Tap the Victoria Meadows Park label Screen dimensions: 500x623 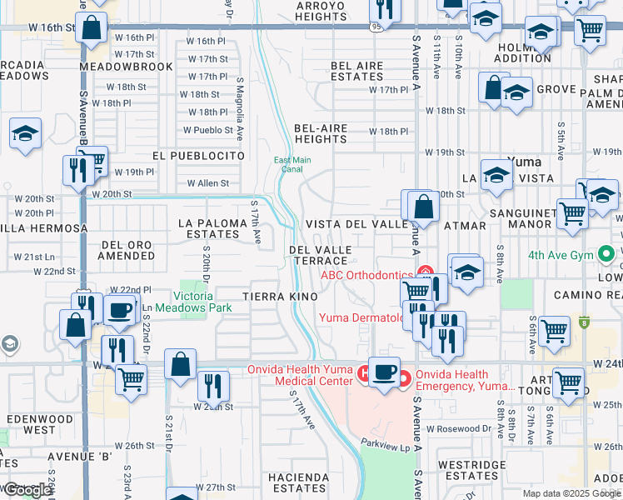click(x=205, y=301)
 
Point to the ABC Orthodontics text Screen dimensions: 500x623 click(x=367, y=274)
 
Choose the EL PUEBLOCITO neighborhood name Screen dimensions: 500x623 click(x=198, y=156)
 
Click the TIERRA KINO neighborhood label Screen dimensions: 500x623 click(x=280, y=297)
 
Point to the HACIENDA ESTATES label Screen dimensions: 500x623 click(x=298, y=482)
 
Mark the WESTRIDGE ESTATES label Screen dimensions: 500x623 click(x=471, y=470)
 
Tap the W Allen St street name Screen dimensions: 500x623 click(x=207, y=182)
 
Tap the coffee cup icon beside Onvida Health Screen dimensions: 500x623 click(x=384, y=372)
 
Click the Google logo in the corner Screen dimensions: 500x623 click(x=27, y=491)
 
